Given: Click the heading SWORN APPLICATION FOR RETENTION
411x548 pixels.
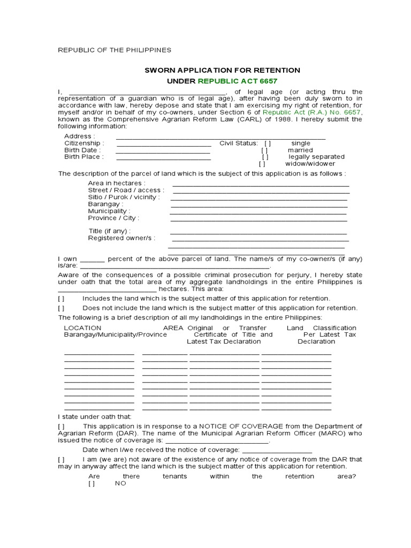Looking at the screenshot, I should pos(222,70).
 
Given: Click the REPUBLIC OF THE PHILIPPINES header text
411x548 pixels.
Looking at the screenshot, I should pos(115,50).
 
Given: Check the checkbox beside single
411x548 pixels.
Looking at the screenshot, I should pos(268,143).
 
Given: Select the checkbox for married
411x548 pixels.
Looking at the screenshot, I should pos(265,150).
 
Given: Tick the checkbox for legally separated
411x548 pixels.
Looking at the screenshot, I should pos(265,157).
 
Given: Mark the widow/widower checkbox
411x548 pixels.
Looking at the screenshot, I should pos(262,164).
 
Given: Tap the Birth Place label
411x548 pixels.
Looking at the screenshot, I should pos(84,157).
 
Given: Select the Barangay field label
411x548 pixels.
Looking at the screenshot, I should pos(105,204).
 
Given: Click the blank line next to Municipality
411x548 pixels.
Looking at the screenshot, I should pos(258,212).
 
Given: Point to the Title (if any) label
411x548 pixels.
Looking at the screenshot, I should pos(110,231).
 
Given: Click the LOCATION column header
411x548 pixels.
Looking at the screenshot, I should pos(82,328).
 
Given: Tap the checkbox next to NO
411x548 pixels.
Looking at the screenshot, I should pos(92,483).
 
